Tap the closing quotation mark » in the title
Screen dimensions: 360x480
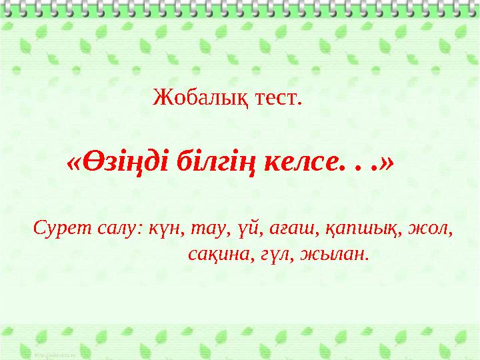click(386, 163)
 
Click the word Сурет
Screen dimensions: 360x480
click(59, 229)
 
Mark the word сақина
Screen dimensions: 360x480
click(219, 255)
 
